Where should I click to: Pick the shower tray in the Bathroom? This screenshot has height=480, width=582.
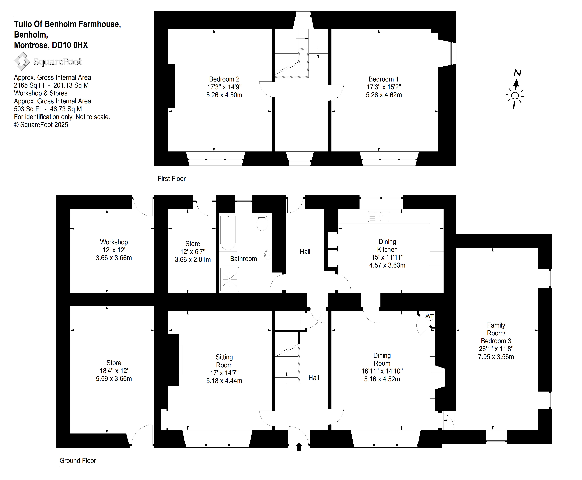230,279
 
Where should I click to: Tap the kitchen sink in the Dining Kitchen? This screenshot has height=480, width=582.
379,216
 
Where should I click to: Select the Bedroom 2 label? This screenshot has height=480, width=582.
224,79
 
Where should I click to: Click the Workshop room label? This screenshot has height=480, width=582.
114,242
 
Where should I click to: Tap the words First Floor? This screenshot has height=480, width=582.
172,179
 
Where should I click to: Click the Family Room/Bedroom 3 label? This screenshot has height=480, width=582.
496,333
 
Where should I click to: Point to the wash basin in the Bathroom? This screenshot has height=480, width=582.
268,255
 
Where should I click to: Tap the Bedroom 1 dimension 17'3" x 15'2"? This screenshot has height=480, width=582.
384,87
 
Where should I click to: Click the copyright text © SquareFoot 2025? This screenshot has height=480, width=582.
41,125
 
